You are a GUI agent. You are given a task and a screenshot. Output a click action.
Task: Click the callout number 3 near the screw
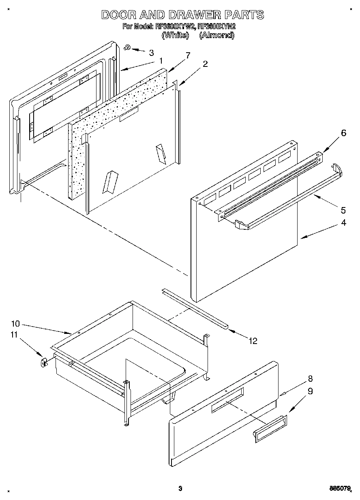pos(151,53)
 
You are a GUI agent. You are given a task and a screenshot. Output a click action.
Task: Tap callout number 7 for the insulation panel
pos(187,55)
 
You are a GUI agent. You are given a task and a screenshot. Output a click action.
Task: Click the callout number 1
pos(161,61)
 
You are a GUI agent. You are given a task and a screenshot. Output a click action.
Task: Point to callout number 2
pos(206,64)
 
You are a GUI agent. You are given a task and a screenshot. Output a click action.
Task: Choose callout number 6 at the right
pos(343,133)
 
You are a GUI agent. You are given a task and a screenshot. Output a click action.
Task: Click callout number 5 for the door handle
pos(343,210)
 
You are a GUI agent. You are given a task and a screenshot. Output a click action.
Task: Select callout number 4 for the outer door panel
pos(343,222)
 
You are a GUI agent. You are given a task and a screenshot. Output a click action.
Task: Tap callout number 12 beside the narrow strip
pos(253,341)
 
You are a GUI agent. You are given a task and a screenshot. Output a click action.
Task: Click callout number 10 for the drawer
pos(15,323)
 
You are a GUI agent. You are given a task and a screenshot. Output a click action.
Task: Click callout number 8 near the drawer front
pos(310,379)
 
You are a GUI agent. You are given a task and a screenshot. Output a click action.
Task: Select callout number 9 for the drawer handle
pos(310,391)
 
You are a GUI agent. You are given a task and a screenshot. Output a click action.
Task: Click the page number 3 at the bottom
pos(180,489)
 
